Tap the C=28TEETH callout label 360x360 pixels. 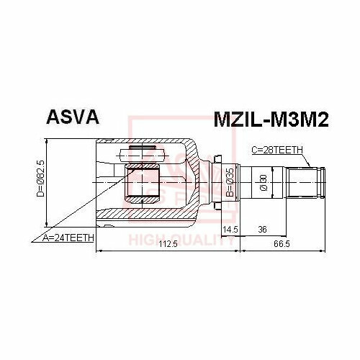click(x=277, y=150)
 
